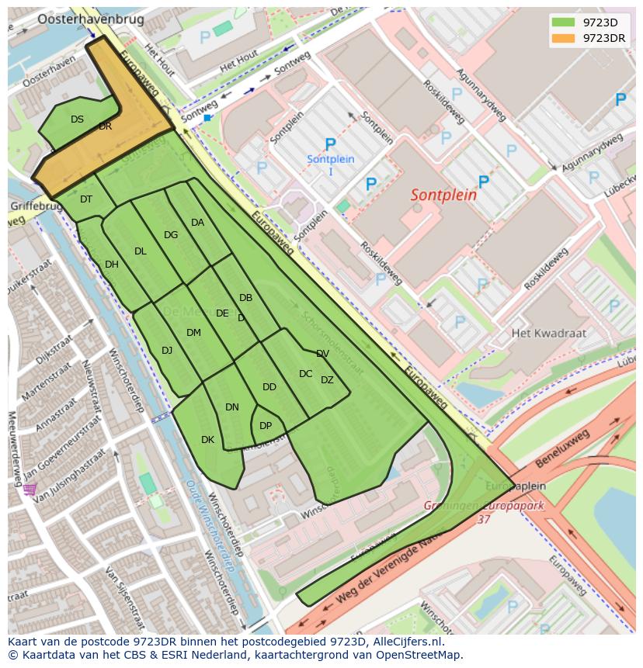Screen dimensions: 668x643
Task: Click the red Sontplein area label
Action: click(x=443, y=195)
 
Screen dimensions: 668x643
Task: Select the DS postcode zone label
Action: click(x=77, y=119)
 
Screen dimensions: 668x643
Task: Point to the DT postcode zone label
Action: click(x=86, y=199)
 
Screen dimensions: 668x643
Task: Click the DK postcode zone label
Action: click(x=207, y=440)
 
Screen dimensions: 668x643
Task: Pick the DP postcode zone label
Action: click(x=266, y=426)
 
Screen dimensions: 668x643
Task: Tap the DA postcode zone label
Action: click(x=197, y=223)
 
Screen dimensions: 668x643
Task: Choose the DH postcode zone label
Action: click(x=112, y=265)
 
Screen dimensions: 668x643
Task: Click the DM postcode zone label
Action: click(x=193, y=333)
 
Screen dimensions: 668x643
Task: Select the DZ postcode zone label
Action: click(x=327, y=380)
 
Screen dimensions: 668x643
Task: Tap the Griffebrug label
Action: click(x=34, y=207)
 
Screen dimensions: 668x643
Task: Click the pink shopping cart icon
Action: click(x=30, y=490)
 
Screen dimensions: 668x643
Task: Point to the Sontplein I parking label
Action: click(x=331, y=164)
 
